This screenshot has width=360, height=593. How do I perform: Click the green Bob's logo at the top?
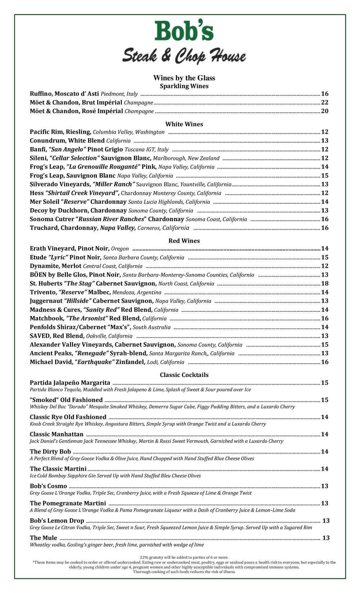click(x=184, y=31)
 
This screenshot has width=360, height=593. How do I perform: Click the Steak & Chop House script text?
click(x=184, y=56)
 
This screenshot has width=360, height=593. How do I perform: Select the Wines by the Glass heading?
click(x=184, y=78)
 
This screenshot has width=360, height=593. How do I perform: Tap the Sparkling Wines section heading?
click(x=184, y=86)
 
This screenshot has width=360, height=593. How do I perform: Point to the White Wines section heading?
click(x=184, y=124)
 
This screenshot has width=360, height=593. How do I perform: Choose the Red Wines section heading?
click(x=184, y=241)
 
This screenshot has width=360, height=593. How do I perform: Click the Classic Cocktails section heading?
click(x=184, y=375)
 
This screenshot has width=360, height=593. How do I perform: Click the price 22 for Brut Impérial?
click(x=324, y=102)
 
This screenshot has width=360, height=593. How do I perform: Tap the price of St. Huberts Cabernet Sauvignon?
click(x=324, y=283)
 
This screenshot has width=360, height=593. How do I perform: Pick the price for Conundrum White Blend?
click(x=324, y=140)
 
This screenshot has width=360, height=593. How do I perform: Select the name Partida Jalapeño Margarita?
click(x=70, y=382)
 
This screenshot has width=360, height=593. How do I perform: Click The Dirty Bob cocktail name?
click(x=50, y=452)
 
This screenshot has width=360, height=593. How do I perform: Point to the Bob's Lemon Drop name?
click(x=57, y=521)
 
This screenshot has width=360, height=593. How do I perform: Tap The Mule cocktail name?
click(x=44, y=538)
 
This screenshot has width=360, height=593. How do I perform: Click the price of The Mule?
click(x=326, y=538)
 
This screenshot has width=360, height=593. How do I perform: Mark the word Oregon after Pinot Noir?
click(x=120, y=249)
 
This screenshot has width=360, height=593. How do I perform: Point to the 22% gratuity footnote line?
click(x=184, y=557)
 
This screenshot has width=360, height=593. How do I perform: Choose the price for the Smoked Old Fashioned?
click(x=324, y=400)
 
